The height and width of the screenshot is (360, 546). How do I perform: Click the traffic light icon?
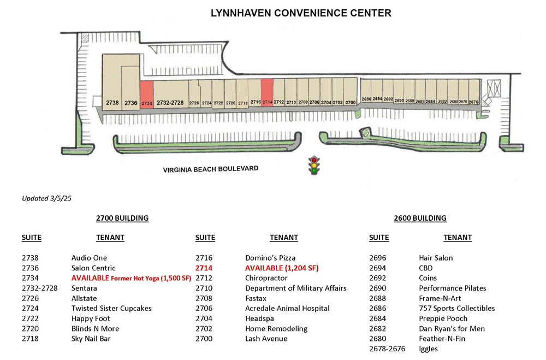(x=314, y=165)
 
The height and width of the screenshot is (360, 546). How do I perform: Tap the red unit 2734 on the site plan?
(x=146, y=95)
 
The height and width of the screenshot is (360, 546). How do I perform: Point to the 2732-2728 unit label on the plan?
(x=170, y=103)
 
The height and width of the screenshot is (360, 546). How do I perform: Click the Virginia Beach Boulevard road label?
(x=211, y=169)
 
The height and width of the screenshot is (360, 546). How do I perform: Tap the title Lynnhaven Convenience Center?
(x=301, y=13)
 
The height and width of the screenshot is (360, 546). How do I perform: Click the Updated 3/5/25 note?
(x=46, y=198)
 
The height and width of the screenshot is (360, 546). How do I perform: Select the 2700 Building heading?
(x=122, y=218)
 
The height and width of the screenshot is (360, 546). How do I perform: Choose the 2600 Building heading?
(x=420, y=218)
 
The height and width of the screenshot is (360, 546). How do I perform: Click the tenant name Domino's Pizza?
(x=270, y=258)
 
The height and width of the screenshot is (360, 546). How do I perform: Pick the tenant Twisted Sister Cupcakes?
(x=111, y=309)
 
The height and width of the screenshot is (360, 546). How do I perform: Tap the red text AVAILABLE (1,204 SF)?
(x=282, y=268)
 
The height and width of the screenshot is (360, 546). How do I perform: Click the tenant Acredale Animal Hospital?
(x=287, y=309)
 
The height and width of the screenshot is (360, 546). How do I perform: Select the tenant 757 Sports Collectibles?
(x=457, y=309)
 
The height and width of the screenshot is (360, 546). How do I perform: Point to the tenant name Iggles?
(x=428, y=349)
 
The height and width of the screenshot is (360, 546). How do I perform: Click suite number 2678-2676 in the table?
(x=387, y=349)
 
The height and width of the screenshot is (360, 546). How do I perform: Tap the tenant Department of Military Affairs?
(x=295, y=288)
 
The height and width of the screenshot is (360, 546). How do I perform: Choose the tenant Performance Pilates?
(x=452, y=288)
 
